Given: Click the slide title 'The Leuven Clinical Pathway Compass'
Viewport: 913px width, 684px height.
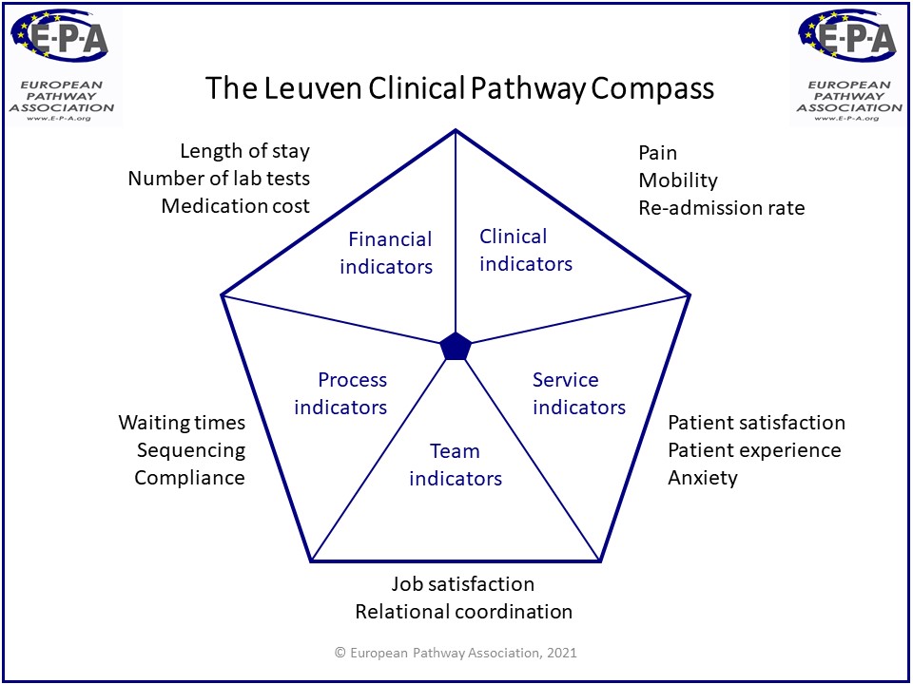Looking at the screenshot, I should point(460,89).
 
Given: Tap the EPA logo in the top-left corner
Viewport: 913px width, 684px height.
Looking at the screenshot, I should point(63,64).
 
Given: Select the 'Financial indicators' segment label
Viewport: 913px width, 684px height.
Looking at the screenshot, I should point(386,253).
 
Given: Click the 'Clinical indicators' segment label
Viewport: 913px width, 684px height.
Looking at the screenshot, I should point(525,250).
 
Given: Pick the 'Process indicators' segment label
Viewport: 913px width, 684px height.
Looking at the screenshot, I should point(340,393).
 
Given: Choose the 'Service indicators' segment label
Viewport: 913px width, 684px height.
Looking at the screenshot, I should point(578,393).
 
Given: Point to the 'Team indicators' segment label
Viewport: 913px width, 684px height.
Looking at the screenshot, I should point(456,465).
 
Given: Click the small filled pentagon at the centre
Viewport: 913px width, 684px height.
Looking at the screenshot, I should point(456,347).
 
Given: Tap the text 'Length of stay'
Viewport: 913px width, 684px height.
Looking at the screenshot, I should point(244,151).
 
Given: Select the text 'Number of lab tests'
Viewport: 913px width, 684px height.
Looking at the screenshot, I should point(219,179).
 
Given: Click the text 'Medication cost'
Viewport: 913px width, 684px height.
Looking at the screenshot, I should point(235,206).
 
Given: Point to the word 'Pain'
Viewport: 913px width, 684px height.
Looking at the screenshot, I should point(657,153).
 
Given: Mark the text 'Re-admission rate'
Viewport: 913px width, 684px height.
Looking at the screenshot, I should point(721,208).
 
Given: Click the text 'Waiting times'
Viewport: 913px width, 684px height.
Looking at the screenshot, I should point(182,423).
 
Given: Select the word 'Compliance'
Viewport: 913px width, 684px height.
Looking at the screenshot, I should point(189,478).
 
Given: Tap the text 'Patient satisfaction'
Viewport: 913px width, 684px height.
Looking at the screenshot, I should point(756,423).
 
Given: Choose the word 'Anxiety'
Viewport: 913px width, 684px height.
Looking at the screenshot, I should point(702,478).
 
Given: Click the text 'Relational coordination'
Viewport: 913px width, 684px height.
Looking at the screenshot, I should point(463,612).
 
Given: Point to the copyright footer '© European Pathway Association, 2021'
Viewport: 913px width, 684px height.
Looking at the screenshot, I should point(456,653).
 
